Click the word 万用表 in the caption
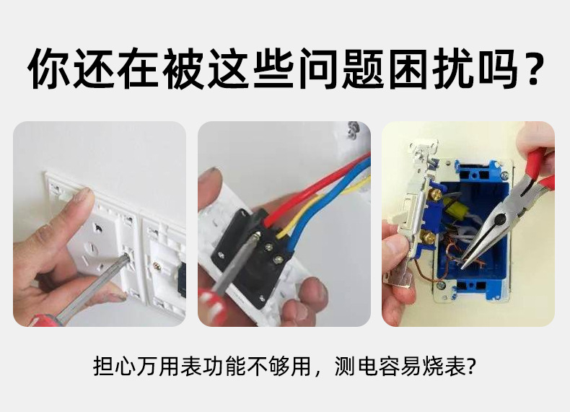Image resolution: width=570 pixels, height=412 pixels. coord(167,367)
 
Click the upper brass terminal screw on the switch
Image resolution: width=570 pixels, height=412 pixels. coord(437,193)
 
